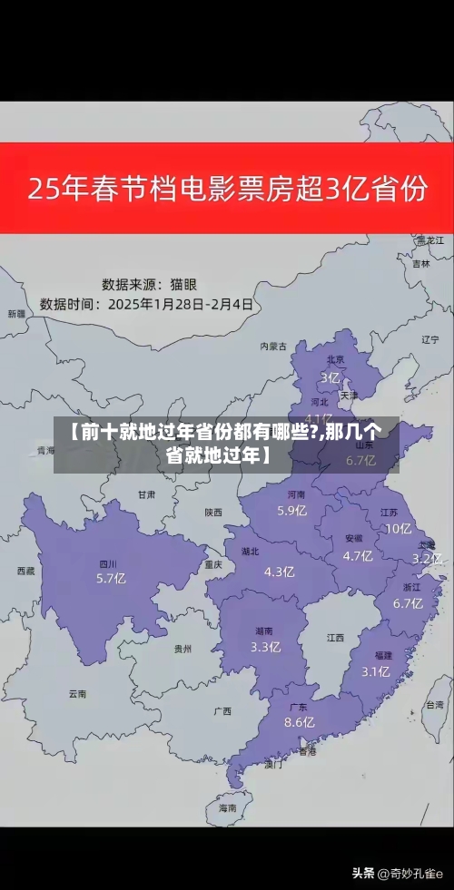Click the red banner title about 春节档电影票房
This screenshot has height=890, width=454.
pos(227,190)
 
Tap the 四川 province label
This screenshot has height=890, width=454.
pos(108,563)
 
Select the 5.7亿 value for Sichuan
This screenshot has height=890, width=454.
pos(111,578)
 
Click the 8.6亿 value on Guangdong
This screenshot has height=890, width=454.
pos(299,722)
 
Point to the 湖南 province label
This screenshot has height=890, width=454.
pos(265,631)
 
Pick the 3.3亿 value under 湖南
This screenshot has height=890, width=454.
pos(265,647)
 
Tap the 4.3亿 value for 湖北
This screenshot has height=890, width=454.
pos(279,572)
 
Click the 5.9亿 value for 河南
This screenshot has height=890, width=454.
pos(292,510)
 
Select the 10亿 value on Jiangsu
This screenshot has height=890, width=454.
pos(398,529)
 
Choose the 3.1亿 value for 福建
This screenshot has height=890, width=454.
pos(376,671)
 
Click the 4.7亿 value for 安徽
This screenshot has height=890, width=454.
pos(358,556)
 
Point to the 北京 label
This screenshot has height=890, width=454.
pos(335,359)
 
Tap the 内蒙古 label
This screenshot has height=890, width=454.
pos(272,346)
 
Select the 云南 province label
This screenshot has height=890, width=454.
pos(77,694)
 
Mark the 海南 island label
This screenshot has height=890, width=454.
pos(227,807)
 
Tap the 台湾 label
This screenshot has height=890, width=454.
pos(434,704)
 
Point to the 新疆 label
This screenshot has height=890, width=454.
pos(16,314)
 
